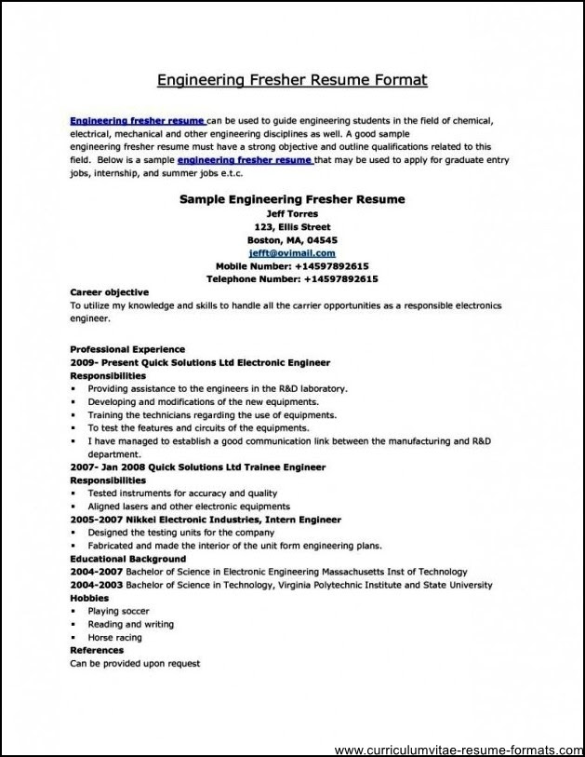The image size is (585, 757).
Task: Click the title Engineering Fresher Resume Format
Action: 292,80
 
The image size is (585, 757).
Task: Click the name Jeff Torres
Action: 292,213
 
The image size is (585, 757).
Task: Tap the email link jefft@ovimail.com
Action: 292,252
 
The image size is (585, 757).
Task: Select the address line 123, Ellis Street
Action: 292,226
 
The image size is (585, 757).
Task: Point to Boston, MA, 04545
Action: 292,239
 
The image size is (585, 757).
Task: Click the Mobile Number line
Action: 292,265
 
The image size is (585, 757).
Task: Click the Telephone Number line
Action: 292,278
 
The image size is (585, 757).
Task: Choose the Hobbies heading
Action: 89,598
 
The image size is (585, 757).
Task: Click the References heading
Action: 97,650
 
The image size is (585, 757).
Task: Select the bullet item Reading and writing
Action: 130,624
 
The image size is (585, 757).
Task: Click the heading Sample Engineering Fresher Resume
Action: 292,199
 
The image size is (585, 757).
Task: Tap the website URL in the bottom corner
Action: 455,749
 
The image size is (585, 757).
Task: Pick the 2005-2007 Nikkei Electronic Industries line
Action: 206,520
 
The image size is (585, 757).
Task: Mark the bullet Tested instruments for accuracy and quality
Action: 182,493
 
